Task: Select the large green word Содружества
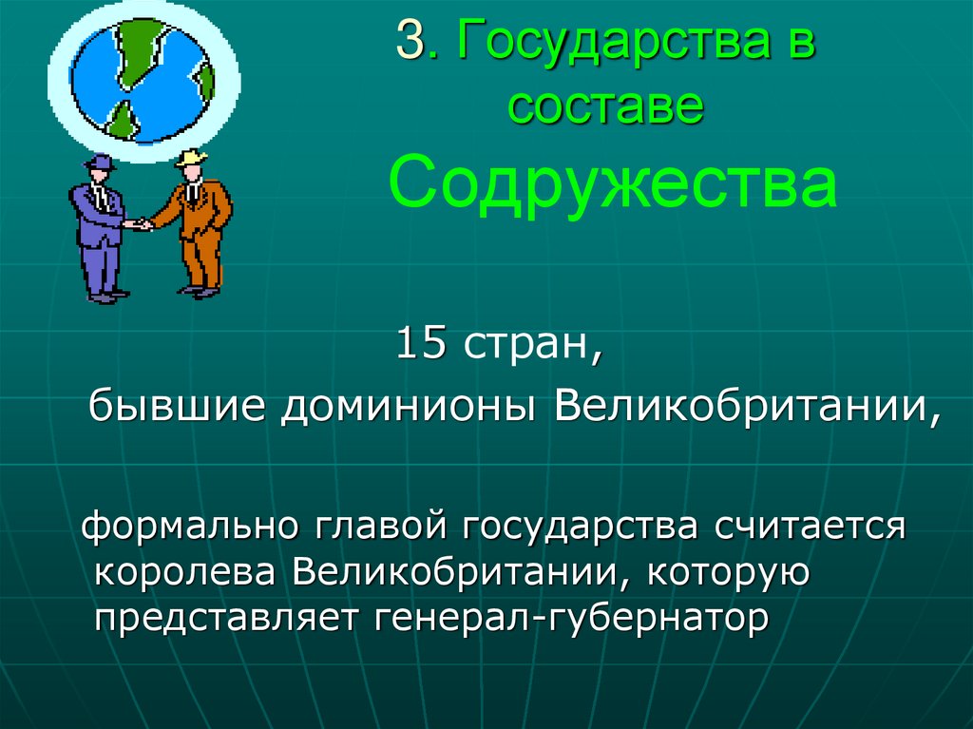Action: point(613,185)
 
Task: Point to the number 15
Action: point(422,344)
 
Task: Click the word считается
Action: point(807,526)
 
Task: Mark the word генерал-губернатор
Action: point(572,621)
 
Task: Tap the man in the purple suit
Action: point(100,228)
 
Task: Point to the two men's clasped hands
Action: point(142,225)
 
